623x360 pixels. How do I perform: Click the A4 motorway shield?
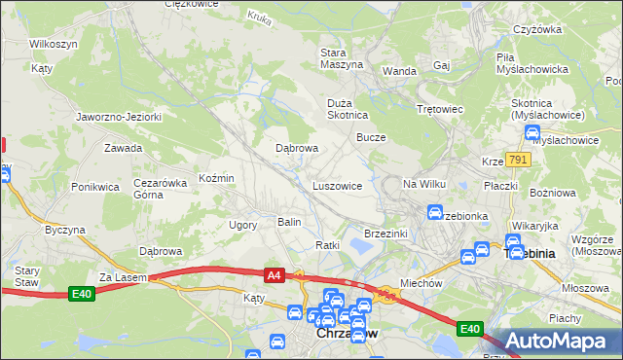274,276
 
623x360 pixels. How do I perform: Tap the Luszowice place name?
338,185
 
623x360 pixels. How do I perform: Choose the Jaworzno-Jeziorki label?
119,117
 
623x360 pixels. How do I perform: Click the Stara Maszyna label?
342,57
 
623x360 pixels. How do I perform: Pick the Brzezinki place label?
385,234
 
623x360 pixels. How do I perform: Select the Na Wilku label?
423,184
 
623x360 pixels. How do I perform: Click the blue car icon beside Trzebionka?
435,211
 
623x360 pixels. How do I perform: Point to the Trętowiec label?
439,109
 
